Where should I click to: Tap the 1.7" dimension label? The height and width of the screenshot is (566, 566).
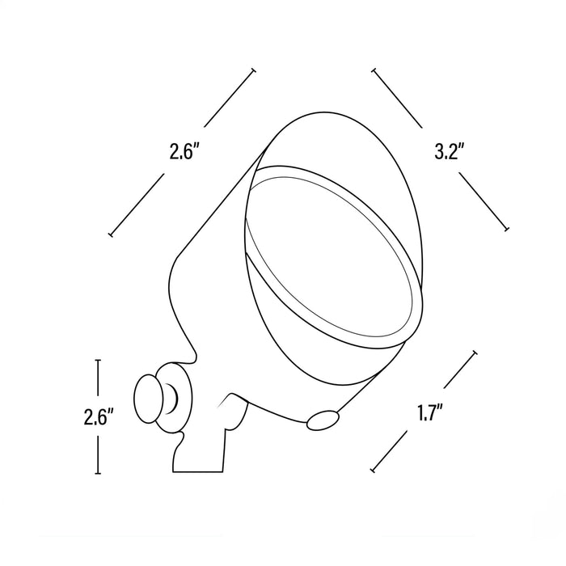[430, 412]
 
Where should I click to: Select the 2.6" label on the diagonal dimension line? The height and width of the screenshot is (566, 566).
[185, 152]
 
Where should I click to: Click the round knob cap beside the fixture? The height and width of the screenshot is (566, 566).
[148, 399]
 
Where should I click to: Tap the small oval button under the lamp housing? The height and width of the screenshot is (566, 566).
[323, 420]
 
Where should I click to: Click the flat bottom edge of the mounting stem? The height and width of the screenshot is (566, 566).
[197, 471]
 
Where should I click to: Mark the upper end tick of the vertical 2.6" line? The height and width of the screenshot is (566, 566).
[98, 360]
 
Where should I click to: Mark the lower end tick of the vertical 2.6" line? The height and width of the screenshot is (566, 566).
[98, 473]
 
